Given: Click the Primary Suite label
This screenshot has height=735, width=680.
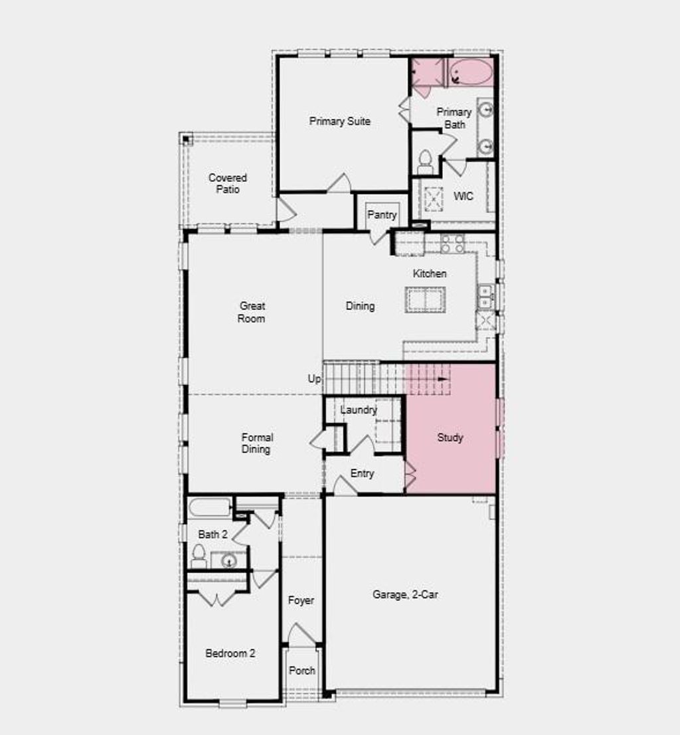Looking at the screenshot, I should coord(339,122).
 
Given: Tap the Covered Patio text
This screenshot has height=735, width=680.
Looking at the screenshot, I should coord(228,183).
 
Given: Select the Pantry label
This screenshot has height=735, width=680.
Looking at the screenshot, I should coord(382,214).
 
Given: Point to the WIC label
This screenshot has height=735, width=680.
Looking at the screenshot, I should coord(463,197).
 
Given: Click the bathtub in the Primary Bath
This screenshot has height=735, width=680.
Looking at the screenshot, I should coord(471,72).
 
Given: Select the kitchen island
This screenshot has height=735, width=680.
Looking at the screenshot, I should coord(426,300).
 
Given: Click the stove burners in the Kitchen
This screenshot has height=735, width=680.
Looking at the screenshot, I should coord(453,244).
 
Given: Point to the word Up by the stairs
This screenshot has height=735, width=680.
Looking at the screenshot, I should coord(314,378).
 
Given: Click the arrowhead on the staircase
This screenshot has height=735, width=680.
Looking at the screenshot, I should coord(445,379).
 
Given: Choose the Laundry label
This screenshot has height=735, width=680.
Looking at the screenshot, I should coord(359,410).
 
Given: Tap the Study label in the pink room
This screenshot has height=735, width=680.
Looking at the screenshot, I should coord(450,438).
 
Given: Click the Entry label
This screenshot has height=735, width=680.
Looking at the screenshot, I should coord(362,473).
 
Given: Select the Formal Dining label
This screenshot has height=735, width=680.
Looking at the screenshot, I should coord(257,444).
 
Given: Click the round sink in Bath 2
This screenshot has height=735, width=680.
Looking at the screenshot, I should coord(228,561).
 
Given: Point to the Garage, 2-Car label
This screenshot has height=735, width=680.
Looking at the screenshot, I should coord(405,595).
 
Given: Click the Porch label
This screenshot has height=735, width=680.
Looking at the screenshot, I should coord(302,671).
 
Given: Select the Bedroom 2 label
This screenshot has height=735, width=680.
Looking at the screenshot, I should coord(230,653).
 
